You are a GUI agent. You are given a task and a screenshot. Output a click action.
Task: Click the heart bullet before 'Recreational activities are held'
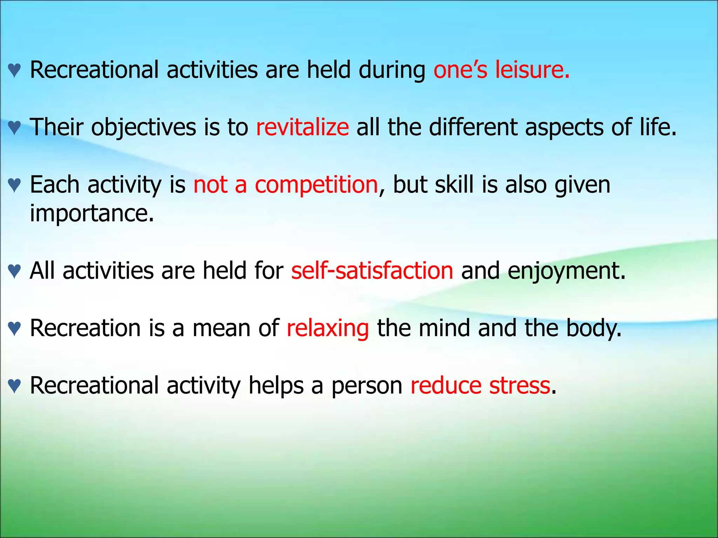click(14, 71)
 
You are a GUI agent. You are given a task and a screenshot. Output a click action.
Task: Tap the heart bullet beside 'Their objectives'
click(14, 128)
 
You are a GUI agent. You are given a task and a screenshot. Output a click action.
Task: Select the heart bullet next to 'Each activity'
click(14, 186)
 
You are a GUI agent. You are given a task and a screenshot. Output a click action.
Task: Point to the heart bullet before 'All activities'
click(14, 272)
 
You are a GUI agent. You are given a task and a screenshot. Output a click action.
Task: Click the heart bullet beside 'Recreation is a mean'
click(14, 329)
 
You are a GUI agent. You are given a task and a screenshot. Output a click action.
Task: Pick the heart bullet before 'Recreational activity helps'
click(14, 387)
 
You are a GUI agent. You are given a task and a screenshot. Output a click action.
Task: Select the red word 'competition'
click(316, 185)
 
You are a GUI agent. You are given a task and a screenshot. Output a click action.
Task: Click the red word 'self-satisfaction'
click(372, 271)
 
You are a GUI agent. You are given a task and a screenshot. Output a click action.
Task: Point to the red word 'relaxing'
click(327, 329)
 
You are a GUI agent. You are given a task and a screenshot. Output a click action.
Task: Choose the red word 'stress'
click(520, 386)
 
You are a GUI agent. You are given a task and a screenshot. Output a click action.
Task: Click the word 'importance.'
click(92, 213)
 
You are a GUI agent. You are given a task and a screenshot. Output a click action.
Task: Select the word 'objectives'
click(144, 127)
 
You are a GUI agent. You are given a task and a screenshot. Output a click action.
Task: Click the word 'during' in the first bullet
click(392, 70)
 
